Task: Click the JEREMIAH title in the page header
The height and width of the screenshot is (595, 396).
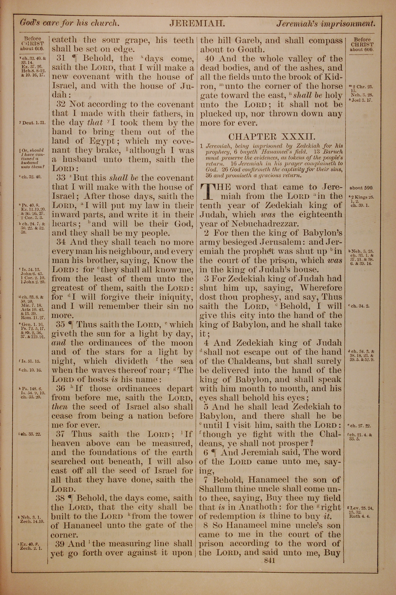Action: tap(197, 24)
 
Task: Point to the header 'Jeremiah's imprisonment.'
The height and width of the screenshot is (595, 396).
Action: tap(326, 24)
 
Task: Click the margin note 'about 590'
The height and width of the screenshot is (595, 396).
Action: tap(361, 188)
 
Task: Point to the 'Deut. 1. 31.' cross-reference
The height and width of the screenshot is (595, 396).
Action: tap(33, 123)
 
